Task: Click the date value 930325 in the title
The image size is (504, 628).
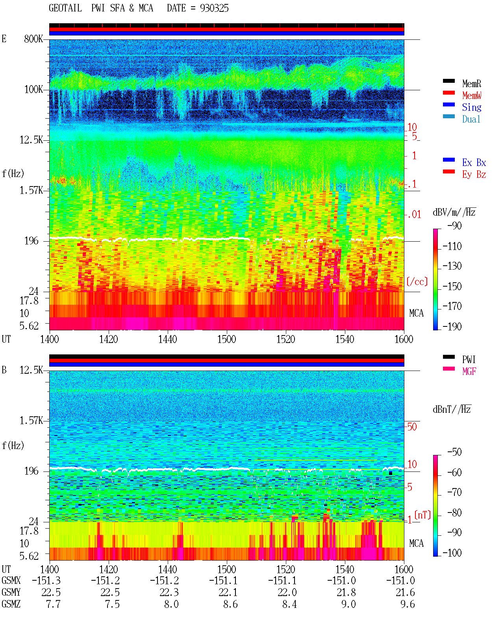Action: (x=214, y=8)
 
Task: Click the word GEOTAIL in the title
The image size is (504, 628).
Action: (x=65, y=8)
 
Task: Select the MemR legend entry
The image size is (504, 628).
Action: (x=472, y=84)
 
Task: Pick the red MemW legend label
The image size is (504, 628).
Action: (x=472, y=95)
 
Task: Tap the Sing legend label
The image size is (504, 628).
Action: (x=472, y=107)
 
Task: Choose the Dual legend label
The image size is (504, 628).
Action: (x=471, y=119)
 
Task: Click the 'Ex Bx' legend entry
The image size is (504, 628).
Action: (x=474, y=162)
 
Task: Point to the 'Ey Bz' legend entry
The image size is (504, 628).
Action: (x=474, y=175)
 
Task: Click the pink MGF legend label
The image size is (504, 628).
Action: (x=469, y=371)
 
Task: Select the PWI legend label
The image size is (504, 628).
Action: (x=469, y=360)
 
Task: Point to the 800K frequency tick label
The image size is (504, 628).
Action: (x=33, y=39)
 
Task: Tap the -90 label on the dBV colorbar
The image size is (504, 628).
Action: (x=454, y=225)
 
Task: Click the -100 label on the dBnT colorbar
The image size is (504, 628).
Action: (x=452, y=553)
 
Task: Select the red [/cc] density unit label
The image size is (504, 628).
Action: (x=417, y=281)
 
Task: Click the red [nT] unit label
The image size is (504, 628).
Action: (x=422, y=515)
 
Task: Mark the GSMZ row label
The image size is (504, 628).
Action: (x=11, y=604)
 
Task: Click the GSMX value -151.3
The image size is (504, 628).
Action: (x=46, y=581)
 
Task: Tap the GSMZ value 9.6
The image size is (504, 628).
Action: (x=408, y=604)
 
